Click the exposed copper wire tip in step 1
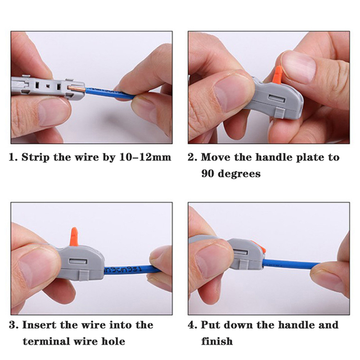pyautogui.click(x=76, y=88)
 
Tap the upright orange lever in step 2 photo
pyautogui.click(x=277, y=74)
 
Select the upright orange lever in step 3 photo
pyautogui.click(x=74, y=237)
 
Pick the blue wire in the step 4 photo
pyautogui.click(x=292, y=264)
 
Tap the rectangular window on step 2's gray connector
pyautogui.click(x=277, y=99)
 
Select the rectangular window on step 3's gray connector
pyautogui.click(x=78, y=262)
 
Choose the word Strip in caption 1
pyautogui.click(x=36, y=157)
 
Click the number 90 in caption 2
pyautogui.click(x=208, y=174)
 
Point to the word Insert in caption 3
pyautogui.click(x=39, y=325)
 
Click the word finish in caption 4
pyautogui.click(x=217, y=341)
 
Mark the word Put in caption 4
pyautogui.click(x=210, y=325)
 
